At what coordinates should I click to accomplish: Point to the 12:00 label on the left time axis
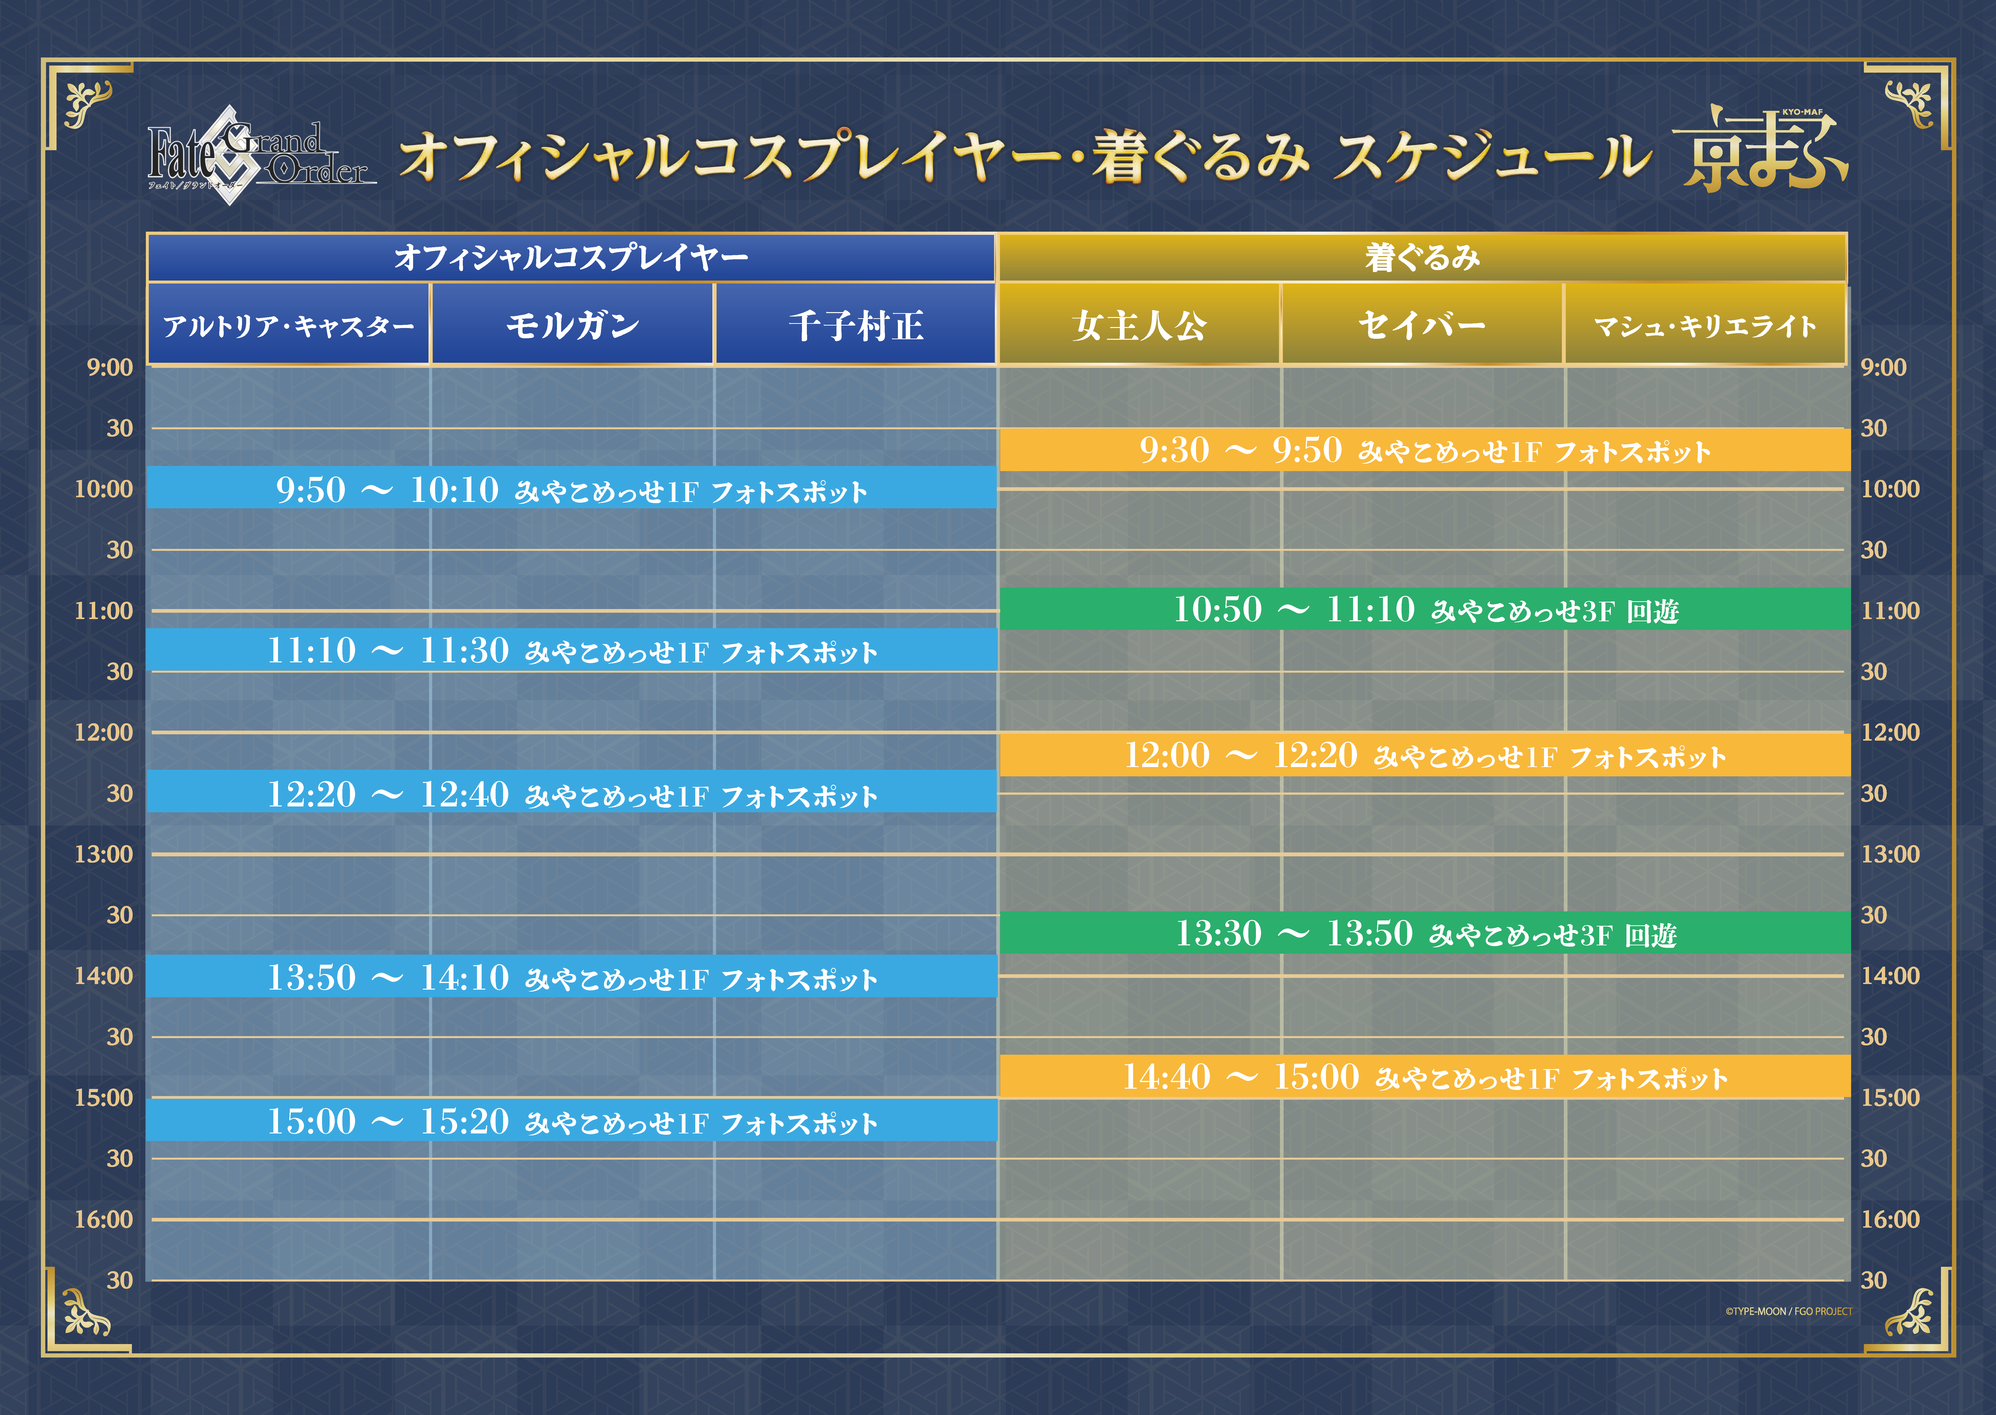pos(104,732)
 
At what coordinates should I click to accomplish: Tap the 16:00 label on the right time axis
pos(1891,1219)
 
